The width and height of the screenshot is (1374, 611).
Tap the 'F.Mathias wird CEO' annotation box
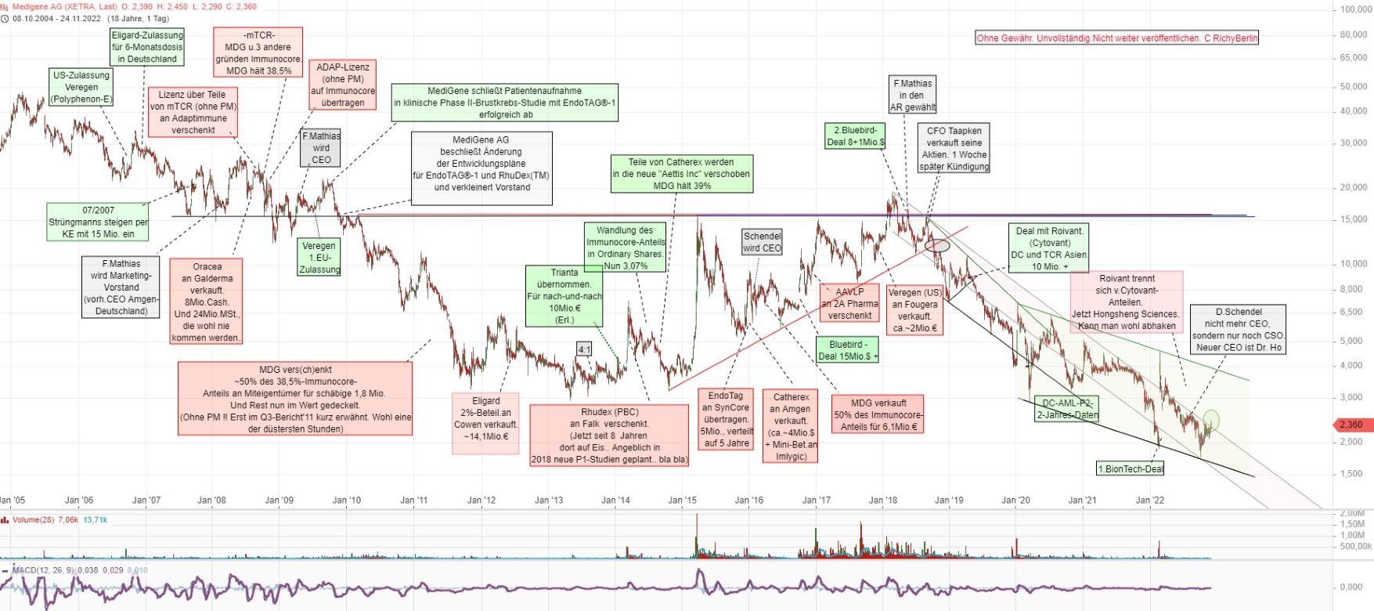321,148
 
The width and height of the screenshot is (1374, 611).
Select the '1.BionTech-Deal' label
1131,468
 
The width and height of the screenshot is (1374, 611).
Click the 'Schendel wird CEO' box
762,242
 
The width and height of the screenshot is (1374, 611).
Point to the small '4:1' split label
584,349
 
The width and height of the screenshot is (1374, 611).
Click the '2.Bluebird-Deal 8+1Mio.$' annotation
855,136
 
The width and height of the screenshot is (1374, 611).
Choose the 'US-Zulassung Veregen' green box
81,87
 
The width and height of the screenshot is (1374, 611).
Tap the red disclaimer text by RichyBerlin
1116,38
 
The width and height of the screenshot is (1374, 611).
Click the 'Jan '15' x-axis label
682,500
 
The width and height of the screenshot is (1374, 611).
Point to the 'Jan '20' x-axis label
1016,500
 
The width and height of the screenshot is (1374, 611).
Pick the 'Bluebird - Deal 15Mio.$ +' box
848,350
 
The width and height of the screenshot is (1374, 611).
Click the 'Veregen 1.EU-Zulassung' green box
319,257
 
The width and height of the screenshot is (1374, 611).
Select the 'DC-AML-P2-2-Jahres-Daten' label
1067,409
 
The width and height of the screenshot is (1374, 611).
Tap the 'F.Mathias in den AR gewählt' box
913,95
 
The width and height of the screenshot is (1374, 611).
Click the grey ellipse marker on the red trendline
937,245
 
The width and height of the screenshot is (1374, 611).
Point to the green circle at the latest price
1211,420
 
